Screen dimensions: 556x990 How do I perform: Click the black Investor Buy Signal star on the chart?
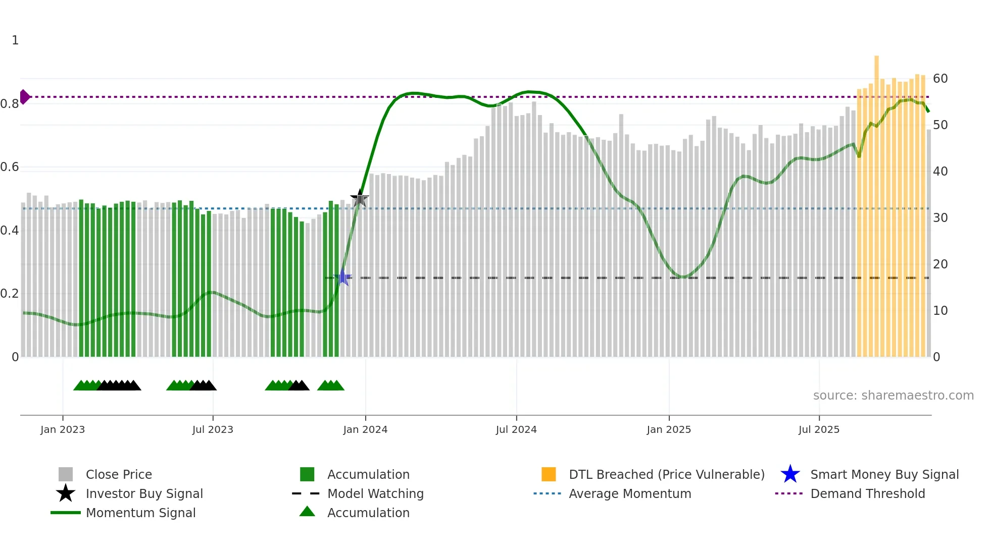tap(360, 198)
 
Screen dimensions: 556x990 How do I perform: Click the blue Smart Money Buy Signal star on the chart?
tap(343, 277)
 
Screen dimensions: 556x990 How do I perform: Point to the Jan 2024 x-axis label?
tap(365, 430)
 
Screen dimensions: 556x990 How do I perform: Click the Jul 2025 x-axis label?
tap(819, 430)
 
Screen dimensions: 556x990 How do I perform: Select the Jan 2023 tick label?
tap(63, 430)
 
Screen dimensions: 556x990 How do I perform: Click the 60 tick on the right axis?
tap(940, 79)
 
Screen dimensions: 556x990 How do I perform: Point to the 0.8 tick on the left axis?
tap(10, 104)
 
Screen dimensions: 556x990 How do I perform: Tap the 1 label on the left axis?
tap(15, 40)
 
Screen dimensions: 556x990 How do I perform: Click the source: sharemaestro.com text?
tap(893, 396)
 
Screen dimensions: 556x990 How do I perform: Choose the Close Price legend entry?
tap(119, 475)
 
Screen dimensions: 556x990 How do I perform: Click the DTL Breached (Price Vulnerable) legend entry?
tap(666, 475)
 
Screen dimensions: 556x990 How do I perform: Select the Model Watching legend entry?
tap(375, 494)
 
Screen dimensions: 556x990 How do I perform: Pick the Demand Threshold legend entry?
tap(867, 494)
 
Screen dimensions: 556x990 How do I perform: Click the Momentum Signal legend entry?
tap(140, 513)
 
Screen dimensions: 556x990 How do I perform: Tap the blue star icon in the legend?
tap(790, 474)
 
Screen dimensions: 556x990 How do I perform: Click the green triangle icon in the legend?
tap(307, 512)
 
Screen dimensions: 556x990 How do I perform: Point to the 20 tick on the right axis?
tap(940, 264)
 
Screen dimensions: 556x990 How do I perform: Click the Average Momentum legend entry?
tap(629, 494)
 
